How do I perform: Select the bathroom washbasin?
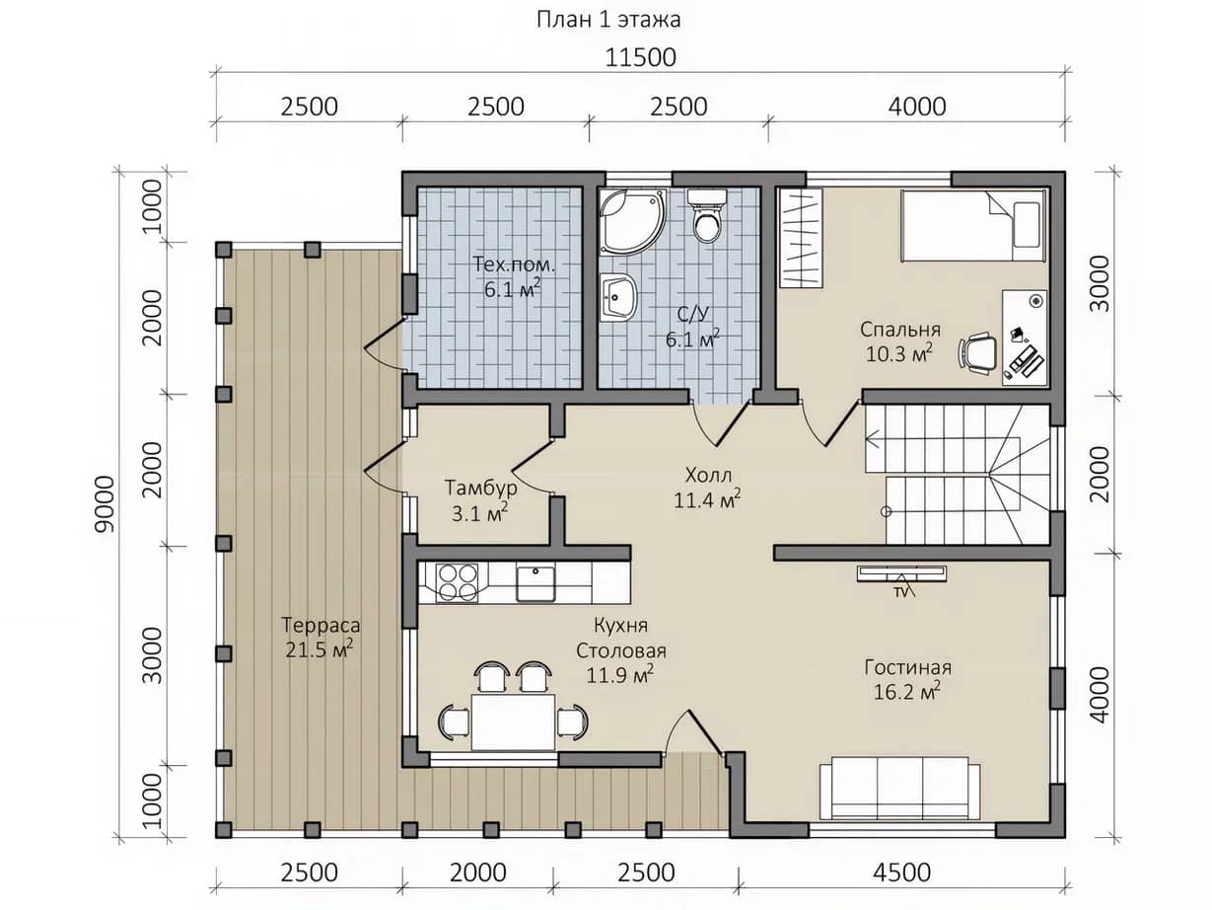coord(618,297)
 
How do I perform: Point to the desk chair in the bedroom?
coord(978,350)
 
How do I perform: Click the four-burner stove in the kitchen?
coord(457,581)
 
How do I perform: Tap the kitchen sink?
coord(535,582)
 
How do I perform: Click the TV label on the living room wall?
coord(900,592)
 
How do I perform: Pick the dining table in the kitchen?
coord(513,721)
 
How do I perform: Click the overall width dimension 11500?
coord(640,57)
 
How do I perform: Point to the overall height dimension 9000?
coord(105,504)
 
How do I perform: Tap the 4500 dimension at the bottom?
coord(901,872)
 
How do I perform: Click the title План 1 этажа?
coord(608,20)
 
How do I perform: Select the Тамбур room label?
coord(481,488)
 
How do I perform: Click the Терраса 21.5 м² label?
coord(321,637)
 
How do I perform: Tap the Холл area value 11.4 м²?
coord(707,500)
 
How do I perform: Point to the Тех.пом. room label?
coord(514,265)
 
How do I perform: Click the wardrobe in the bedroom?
coord(801,238)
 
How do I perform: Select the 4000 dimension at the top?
coord(916,107)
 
